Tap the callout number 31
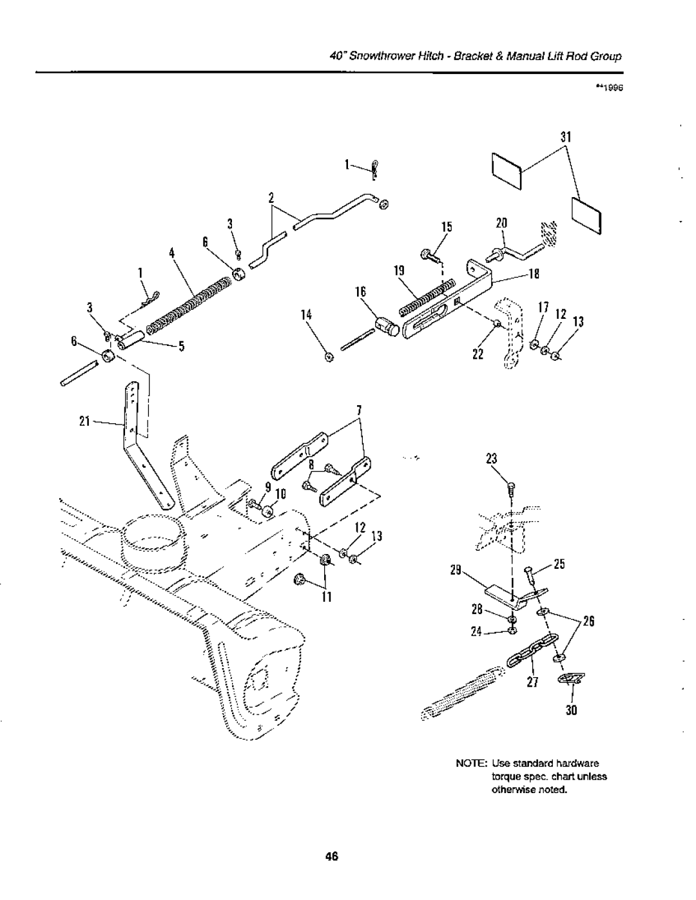tap(566, 137)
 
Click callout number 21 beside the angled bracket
tap(84, 421)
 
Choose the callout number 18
tap(534, 274)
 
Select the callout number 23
tap(491, 459)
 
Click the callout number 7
tap(359, 410)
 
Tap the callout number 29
tap(456, 570)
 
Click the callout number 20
tap(501, 224)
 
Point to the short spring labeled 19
tap(427, 298)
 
